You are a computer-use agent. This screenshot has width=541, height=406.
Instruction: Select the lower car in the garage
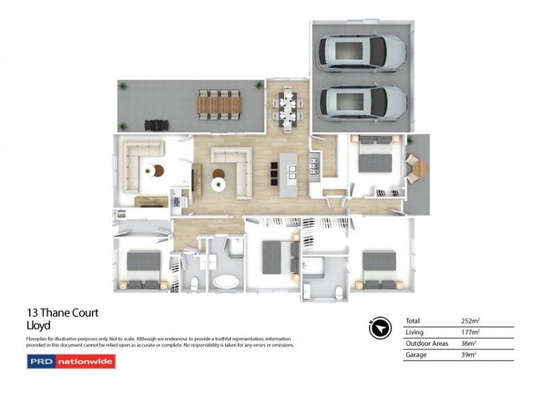[362, 101]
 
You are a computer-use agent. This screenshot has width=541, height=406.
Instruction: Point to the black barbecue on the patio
[156, 125]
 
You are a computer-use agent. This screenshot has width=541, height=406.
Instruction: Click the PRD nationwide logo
[71, 361]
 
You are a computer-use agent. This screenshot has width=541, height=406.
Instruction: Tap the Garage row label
[415, 355]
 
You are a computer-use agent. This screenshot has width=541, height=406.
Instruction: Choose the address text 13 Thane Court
[62, 313]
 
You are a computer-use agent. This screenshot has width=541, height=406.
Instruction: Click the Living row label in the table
[414, 332]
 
